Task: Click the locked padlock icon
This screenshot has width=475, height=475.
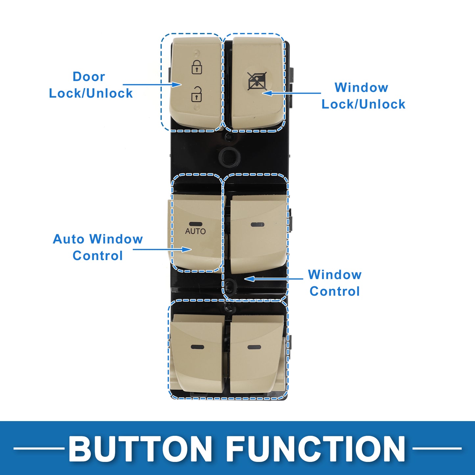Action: pos(197,67)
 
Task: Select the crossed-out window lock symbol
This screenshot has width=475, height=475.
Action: pos(257,81)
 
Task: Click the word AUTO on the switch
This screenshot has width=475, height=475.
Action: pos(195,231)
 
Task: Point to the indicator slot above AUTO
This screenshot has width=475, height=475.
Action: pos(196,224)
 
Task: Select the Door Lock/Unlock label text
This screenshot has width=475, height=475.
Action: pos(91,85)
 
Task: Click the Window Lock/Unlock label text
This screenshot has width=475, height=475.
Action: pos(363,96)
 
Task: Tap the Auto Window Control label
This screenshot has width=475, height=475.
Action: pos(98,247)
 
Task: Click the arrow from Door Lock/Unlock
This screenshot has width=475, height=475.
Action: pos(152,84)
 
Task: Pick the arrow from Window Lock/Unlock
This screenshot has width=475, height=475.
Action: pos(292,93)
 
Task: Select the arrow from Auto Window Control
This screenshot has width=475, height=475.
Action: pos(162,249)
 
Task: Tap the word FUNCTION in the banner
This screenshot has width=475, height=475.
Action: pos(316,448)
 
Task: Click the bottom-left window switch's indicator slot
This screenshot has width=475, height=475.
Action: pos(198,347)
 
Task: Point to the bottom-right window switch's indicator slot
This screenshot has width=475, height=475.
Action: pos(254,347)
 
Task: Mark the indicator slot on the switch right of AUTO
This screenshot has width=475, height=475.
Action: pos(257,225)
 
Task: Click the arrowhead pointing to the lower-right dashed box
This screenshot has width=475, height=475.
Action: pos(249,279)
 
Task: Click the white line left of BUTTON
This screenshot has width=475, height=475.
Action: pos(39,448)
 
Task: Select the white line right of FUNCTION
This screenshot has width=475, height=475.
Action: pos(437,448)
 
